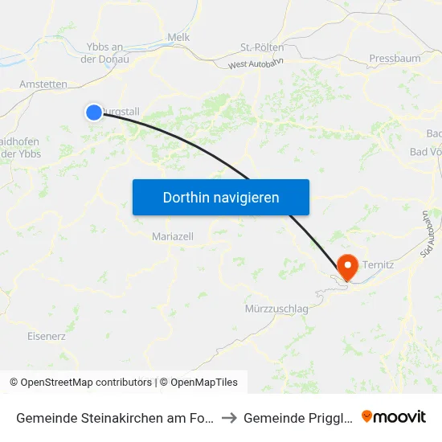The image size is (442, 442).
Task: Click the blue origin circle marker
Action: tap(94, 113)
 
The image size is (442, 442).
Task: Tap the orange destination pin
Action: tap(348, 266)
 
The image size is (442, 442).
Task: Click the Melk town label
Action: tap(178, 37)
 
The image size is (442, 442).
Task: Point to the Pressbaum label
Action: tap(395, 59)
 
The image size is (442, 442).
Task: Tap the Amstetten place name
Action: tap(43, 84)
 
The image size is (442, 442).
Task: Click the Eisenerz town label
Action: tap(47, 336)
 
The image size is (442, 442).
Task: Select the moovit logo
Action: tap(394, 416)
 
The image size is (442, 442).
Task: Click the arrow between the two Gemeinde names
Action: tap(228, 417)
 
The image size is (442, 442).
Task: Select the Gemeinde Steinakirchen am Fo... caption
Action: tap(114, 417)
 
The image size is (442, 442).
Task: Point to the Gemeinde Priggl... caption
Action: tap(295, 417)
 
